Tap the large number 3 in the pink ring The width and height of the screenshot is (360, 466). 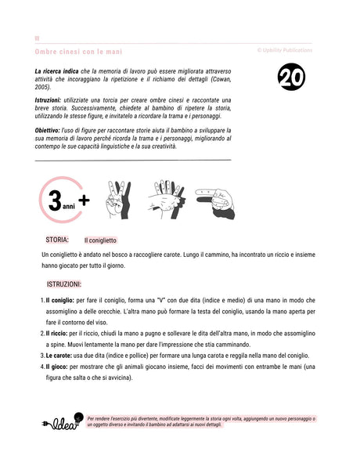pos(55,201)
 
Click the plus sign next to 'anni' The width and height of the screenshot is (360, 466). pos(84,200)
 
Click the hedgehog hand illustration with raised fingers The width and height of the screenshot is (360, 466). pos(165,198)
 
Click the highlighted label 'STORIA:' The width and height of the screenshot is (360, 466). pos(58,240)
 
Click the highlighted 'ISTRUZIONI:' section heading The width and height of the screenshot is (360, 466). pos(70,284)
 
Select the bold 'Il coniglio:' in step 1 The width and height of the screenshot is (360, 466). pos(59,300)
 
